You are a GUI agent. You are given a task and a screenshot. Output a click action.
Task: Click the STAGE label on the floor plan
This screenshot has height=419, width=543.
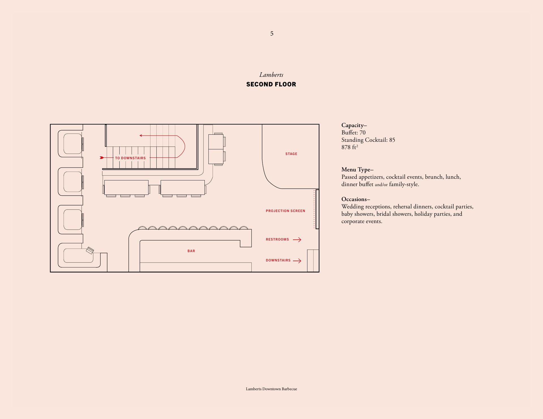(x=291, y=154)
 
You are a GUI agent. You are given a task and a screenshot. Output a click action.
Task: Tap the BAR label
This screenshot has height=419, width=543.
(x=191, y=251)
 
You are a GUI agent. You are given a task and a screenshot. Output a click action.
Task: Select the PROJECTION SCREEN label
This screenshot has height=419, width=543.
(x=285, y=211)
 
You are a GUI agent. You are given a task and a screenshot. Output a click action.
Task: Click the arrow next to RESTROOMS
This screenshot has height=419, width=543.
(x=297, y=240)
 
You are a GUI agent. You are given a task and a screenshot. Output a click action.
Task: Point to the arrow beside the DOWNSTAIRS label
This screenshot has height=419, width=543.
(x=297, y=261)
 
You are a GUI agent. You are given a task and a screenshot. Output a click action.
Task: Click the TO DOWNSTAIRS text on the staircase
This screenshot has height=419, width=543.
(x=130, y=158)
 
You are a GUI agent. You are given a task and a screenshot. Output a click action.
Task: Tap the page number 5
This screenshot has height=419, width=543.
(x=272, y=34)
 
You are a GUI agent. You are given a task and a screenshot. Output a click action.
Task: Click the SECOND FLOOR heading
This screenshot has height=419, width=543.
(x=271, y=84)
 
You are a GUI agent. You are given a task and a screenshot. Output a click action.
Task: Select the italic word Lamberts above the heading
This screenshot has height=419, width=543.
(x=271, y=75)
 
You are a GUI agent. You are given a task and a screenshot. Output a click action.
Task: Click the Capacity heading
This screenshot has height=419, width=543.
(x=354, y=125)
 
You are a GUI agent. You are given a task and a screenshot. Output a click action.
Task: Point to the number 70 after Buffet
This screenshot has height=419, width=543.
(x=362, y=133)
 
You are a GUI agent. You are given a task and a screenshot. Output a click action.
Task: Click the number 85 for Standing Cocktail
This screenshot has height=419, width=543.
(x=392, y=140)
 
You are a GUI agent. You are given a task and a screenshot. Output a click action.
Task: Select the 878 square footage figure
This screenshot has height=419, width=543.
(x=346, y=147)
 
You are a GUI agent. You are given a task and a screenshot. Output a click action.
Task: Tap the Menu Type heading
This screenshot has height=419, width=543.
(x=357, y=170)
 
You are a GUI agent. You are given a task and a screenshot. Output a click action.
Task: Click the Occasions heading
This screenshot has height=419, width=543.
(x=356, y=199)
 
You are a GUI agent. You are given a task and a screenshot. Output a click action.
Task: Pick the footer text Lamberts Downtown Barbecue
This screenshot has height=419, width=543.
(x=271, y=389)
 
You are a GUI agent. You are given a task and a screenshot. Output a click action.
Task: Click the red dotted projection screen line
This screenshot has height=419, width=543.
(x=314, y=209)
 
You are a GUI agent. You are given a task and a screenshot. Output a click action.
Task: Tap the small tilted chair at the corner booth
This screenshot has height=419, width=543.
(x=90, y=250)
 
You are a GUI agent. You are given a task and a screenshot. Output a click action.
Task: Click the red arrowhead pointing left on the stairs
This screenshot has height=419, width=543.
(x=141, y=136)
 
